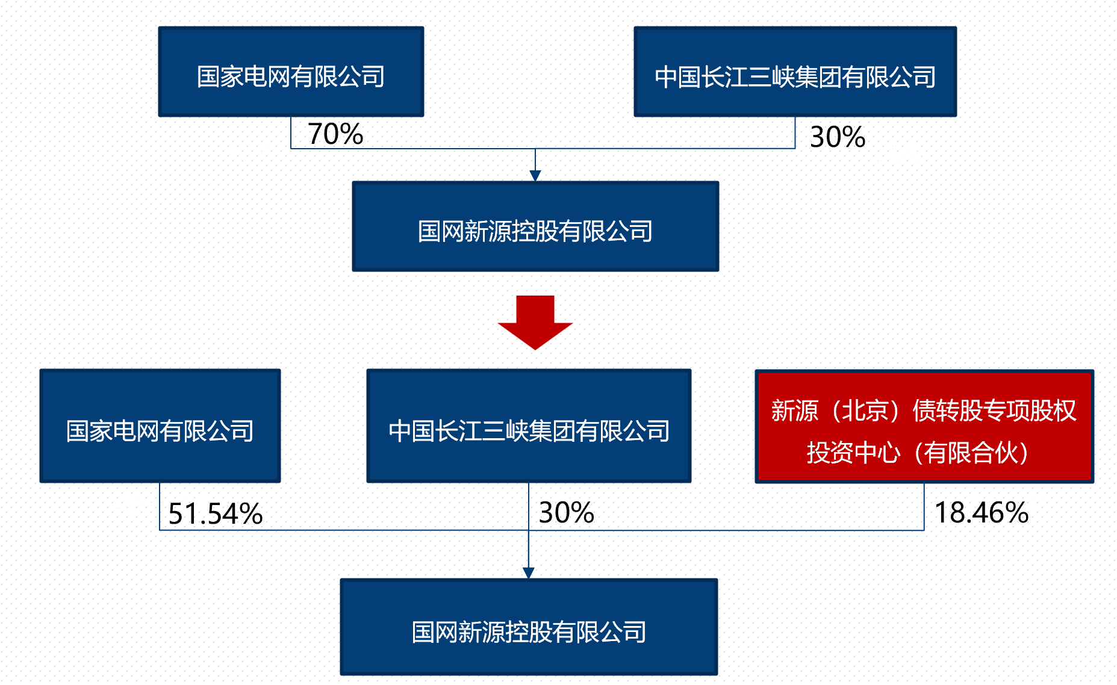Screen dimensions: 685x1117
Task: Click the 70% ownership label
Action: pos(335,134)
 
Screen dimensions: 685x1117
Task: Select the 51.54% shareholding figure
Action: pos(215,514)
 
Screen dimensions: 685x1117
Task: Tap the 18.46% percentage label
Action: pos(981,513)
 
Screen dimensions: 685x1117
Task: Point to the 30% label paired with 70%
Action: pos(837,137)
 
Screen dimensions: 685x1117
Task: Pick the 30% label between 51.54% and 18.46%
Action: pos(566,513)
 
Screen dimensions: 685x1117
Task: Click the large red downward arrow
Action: pos(535,321)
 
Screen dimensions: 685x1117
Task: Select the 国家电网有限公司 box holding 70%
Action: pos(291,72)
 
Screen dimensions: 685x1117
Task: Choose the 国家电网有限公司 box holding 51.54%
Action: pos(160,426)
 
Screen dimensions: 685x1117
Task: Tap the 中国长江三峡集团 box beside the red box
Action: pos(529,426)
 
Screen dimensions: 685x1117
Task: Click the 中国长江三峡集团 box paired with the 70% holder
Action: pos(795,72)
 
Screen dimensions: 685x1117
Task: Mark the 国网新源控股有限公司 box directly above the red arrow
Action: pos(535,226)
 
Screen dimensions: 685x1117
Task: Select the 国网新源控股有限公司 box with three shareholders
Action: pos(529,627)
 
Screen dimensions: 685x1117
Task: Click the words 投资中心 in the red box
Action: pos(853,453)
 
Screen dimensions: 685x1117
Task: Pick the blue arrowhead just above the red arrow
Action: pos(535,175)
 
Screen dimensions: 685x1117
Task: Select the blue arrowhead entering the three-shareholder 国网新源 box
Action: pos(529,573)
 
